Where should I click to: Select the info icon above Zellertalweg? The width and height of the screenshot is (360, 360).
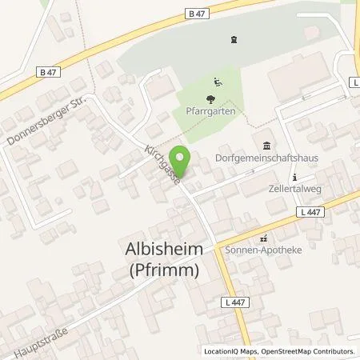tap(294, 177)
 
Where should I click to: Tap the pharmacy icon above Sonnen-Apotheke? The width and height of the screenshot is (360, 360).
tap(262, 238)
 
